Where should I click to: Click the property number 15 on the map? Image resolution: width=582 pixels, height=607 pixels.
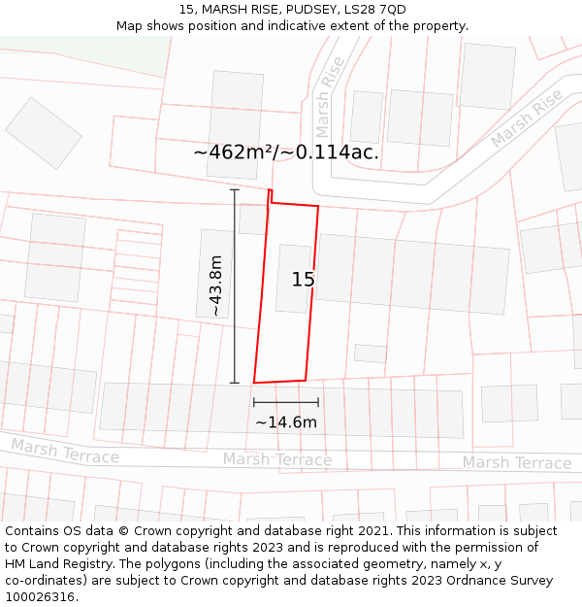click(303, 280)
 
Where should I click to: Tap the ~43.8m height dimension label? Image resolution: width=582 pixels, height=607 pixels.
click(215, 286)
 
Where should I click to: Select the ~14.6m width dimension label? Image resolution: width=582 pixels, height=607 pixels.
click(286, 422)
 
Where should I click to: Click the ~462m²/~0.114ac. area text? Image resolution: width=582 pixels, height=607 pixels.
click(286, 152)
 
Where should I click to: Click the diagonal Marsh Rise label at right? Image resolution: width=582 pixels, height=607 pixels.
click(526, 119)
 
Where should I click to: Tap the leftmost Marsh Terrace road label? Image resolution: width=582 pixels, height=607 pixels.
click(65, 452)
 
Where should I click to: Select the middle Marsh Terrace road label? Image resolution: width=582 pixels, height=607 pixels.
click(277, 459)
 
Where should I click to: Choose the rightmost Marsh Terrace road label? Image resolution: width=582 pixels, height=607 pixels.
click(516, 463)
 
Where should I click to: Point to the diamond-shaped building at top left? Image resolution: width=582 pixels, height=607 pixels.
click(44, 132)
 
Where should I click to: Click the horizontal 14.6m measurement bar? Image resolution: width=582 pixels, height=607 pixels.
click(286, 402)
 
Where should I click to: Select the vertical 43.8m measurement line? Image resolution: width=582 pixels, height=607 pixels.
click(234, 286)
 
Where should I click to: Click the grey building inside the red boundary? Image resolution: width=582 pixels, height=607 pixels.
click(293, 279)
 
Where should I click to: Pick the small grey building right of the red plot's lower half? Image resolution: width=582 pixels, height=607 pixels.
click(370, 354)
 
